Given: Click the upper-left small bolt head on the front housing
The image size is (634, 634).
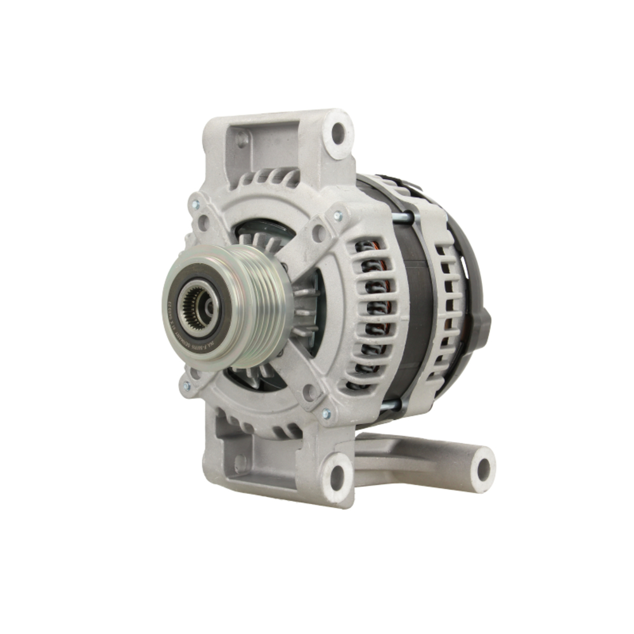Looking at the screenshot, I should click(x=195, y=205).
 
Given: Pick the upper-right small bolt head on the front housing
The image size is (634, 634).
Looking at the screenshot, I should click(x=337, y=216).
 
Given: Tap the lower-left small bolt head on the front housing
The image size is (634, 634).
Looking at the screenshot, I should click(x=186, y=385).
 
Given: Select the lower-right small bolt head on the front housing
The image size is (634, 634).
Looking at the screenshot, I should click(x=326, y=414).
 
